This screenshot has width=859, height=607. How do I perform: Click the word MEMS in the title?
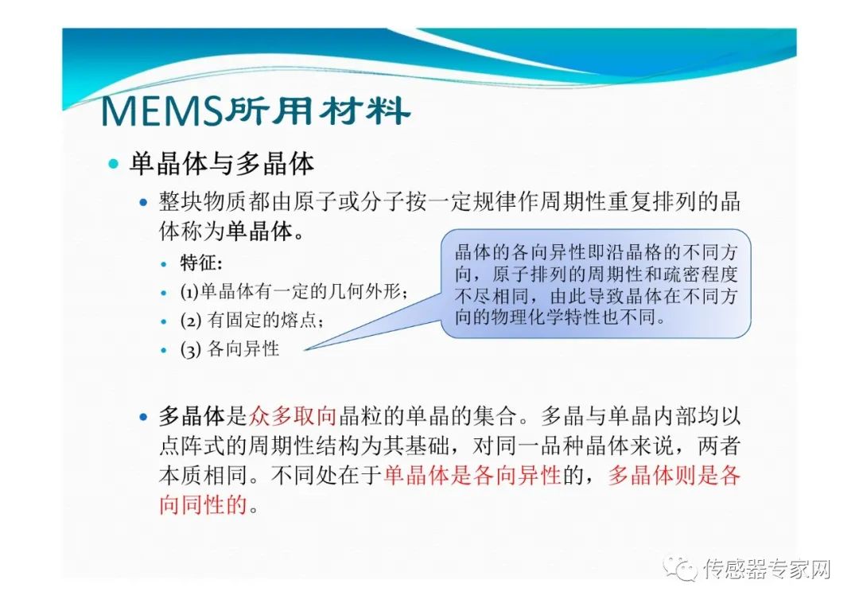(x=162, y=112)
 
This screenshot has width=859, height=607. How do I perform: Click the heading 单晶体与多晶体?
(x=222, y=163)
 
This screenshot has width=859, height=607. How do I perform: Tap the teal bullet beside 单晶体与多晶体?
(x=114, y=163)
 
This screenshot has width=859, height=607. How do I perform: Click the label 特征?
(x=201, y=263)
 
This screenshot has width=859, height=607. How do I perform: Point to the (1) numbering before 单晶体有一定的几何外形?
(x=189, y=291)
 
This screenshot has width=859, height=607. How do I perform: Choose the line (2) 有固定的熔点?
(x=252, y=320)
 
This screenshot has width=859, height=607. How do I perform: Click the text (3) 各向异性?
(x=230, y=348)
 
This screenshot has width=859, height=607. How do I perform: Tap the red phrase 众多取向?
(x=293, y=416)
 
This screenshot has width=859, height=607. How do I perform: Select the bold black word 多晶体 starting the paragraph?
(x=192, y=416)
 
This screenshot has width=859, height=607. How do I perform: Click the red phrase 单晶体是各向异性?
(x=472, y=475)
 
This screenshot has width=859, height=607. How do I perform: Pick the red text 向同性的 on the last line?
(x=204, y=504)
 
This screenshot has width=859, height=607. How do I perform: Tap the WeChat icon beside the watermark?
(x=680, y=569)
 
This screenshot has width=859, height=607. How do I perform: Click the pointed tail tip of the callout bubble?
(x=304, y=349)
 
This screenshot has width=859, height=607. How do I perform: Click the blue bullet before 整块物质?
(x=143, y=202)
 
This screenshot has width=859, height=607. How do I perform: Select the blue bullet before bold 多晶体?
(x=143, y=417)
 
